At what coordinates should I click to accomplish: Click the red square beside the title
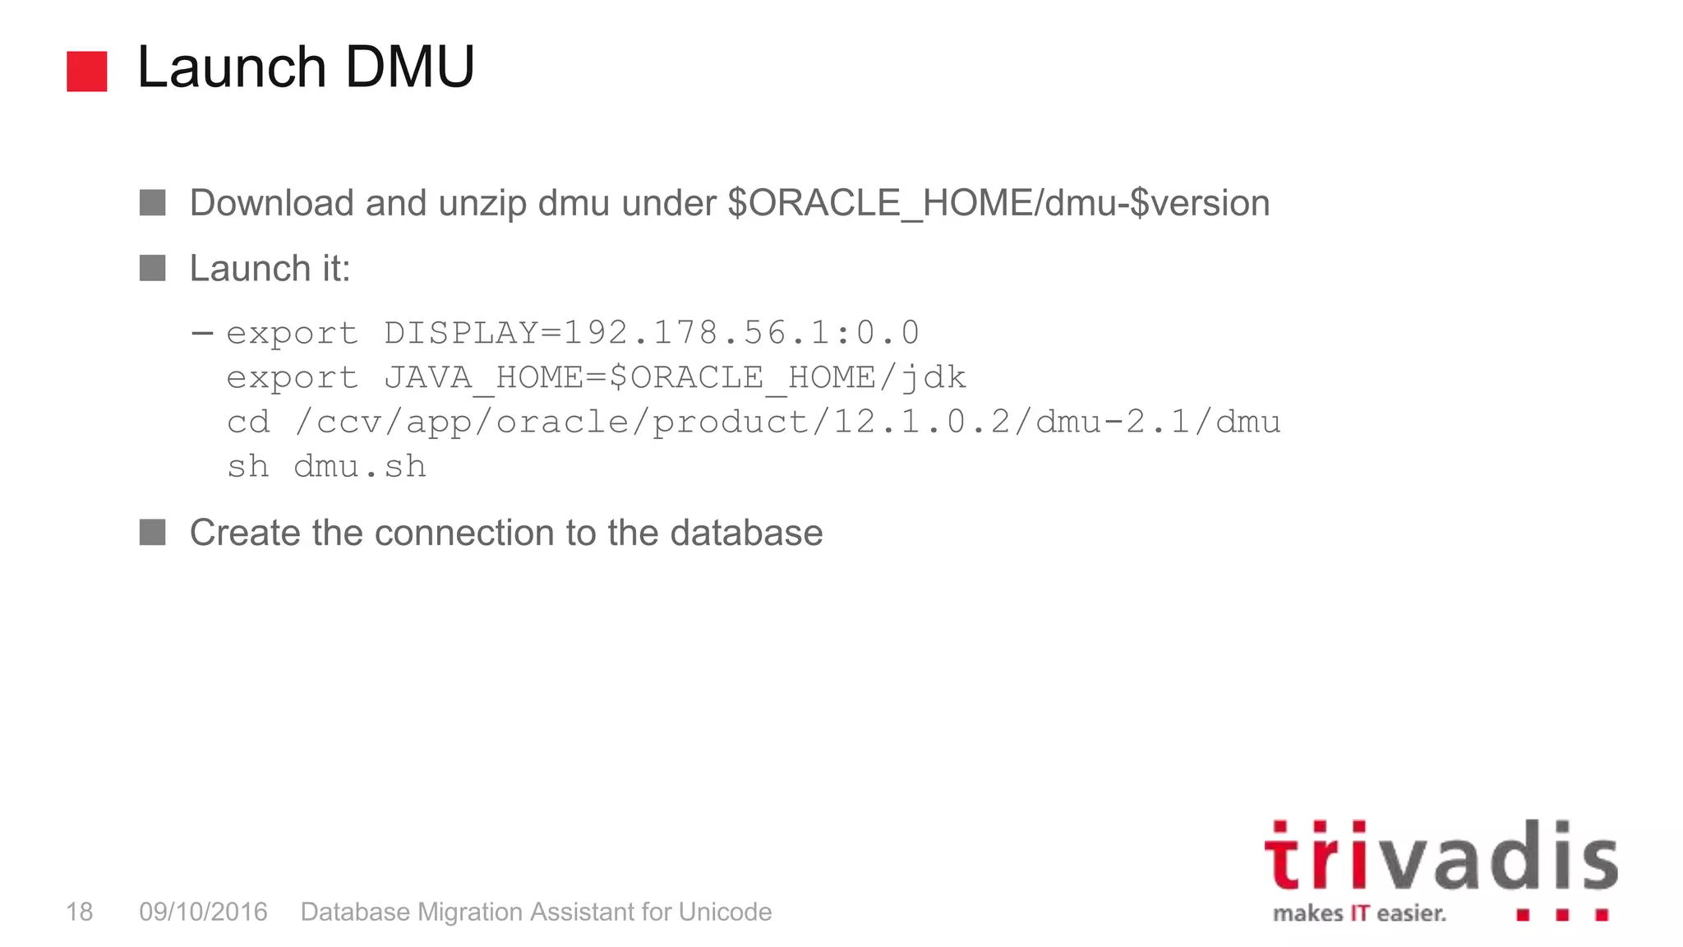click(86, 72)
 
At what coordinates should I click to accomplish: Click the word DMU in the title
click(409, 67)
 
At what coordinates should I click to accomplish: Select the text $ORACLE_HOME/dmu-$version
click(998, 204)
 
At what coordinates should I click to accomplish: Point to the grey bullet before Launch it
click(152, 268)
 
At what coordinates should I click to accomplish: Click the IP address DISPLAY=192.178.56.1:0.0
click(652, 333)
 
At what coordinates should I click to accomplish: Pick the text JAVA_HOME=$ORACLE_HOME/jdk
click(675, 378)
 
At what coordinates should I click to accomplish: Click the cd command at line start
click(248, 423)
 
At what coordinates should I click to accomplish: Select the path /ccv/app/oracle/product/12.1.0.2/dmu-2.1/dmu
click(787, 423)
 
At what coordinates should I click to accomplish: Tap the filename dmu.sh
click(359, 467)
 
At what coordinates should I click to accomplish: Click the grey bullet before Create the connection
click(152, 532)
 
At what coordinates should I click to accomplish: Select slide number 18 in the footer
click(80, 912)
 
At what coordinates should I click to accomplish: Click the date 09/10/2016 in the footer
click(203, 912)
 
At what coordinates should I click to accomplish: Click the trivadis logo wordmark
click(1440, 857)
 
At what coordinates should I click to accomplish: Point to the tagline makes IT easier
click(1359, 913)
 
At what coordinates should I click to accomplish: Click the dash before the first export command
click(202, 333)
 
